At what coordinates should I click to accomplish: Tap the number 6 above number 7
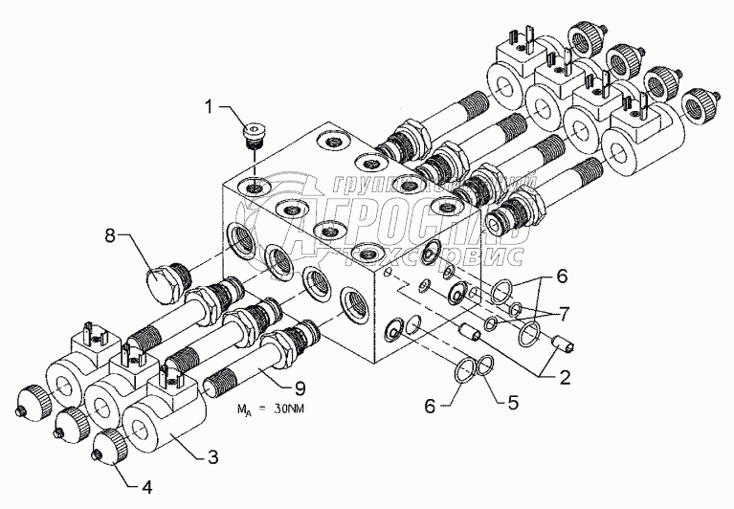[562, 276]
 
